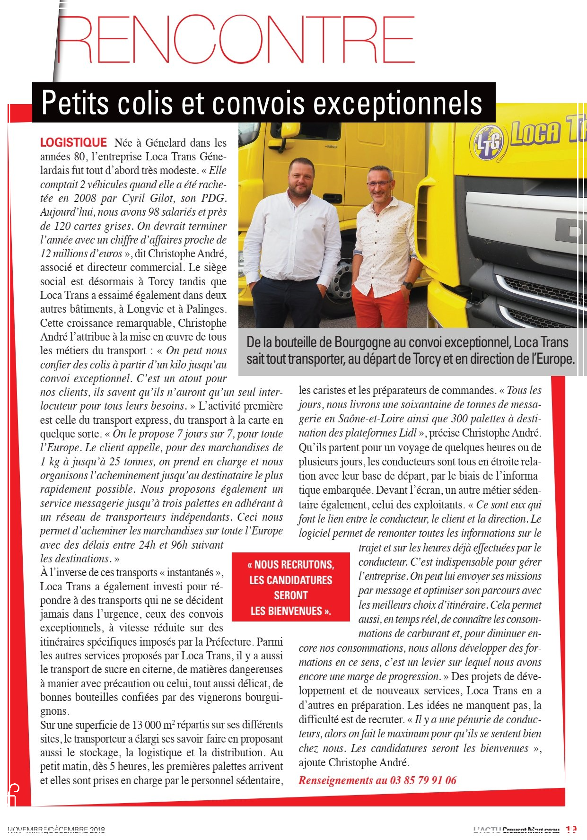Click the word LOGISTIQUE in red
(73, 143)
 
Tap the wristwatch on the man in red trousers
(407, 285)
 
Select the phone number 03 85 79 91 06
(423, 780)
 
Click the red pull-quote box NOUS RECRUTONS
(290, 587)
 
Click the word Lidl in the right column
(406, 433)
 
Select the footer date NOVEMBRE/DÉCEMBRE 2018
(56, 830)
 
